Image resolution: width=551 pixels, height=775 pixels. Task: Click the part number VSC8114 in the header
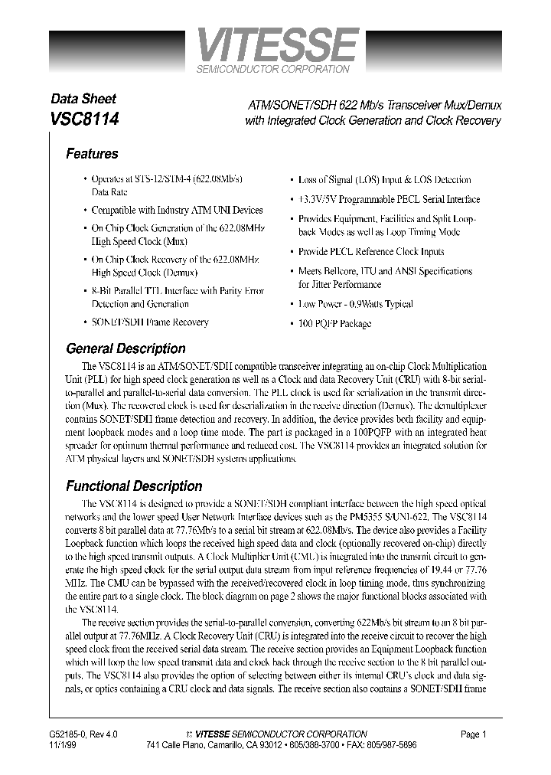(84, 120)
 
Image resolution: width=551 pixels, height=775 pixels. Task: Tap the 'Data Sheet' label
(83, 99)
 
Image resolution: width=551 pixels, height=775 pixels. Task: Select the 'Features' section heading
(92, 154)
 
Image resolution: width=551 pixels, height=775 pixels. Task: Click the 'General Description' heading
(126, 348)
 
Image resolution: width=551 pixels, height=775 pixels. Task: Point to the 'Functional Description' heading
(134, 486)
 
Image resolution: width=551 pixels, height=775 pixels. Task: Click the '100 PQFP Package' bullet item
(334, 324)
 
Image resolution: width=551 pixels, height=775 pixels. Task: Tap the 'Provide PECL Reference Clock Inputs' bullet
(370, 252)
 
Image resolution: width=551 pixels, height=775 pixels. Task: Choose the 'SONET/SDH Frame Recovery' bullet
(149, 322)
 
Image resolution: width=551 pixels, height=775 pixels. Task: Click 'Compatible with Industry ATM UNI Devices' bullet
(177, 210)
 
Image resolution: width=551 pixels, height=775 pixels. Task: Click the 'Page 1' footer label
(474, 734)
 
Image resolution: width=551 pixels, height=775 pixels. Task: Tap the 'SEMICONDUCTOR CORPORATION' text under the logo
(273, 69)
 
